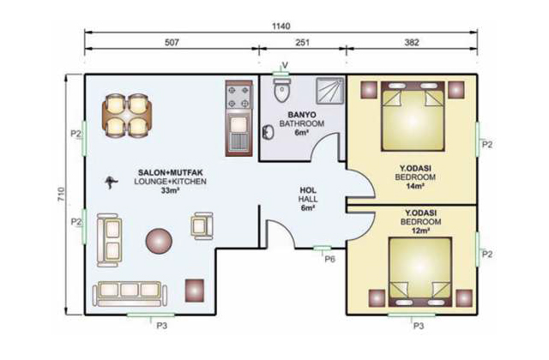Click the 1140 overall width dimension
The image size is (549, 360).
point(281,26)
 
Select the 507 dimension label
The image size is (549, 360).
point(172,42)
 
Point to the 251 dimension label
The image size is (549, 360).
point(303,42)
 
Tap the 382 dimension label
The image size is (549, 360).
point(412,42)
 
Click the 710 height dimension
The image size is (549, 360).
point(61,195)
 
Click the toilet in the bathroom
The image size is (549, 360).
point(282,90)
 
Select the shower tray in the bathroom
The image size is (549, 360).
point(329,91)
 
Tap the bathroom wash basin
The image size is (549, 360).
point(268,132)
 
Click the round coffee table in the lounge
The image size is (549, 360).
point(159,241)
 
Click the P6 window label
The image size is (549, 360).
point(329,259)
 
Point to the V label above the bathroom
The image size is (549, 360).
point(285,65)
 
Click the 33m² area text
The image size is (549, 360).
point(171,190)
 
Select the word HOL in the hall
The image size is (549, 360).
point(308,190)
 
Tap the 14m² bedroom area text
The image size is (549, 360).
point(415,186)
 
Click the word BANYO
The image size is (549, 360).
point(302,114)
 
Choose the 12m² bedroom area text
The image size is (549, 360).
point(420,231)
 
